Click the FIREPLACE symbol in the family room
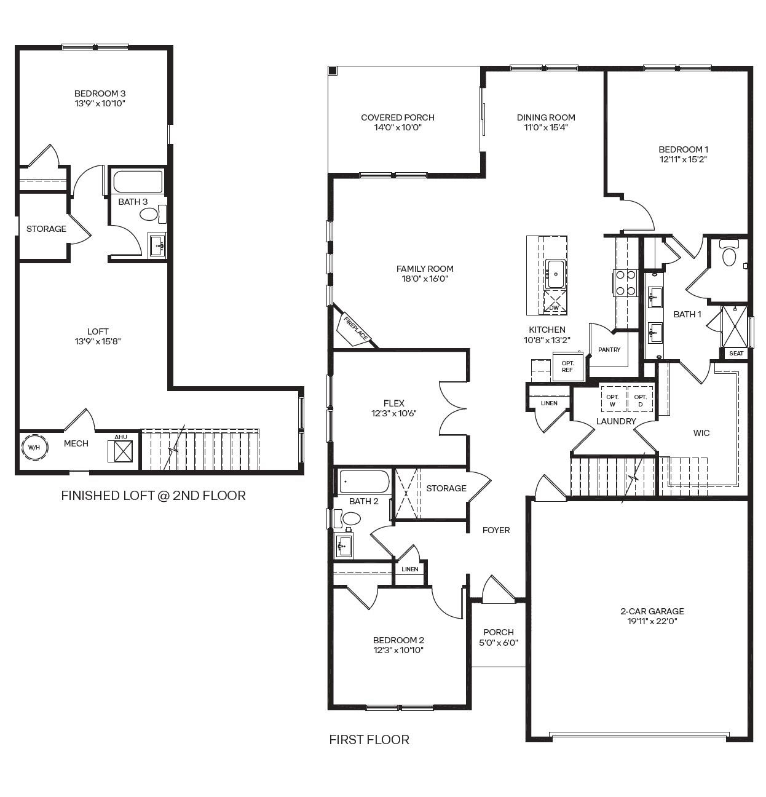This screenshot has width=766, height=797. [355, 328]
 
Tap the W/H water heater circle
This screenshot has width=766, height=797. [33, 447]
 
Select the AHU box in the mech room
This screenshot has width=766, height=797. [121, 450]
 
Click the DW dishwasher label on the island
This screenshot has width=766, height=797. [554, 307]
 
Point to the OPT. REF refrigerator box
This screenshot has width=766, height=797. [567, 367]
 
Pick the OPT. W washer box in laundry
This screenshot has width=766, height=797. [612, 400]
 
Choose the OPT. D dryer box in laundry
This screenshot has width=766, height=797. [640, 400]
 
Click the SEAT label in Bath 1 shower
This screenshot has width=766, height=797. [736, 353]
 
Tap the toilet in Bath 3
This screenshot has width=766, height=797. [151, 214]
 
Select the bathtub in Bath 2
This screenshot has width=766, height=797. [364, 482]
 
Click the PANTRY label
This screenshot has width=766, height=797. [609, 349]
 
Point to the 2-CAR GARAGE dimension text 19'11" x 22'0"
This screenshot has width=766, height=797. [652, 621]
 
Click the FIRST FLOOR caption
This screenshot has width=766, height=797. [369, 739]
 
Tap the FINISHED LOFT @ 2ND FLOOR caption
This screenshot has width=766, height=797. [153, 496]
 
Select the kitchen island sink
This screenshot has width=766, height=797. [556, 272]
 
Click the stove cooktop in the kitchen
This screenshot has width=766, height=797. [625, 283]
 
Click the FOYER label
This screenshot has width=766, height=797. [496, 530]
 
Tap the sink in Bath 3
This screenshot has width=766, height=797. [157, 245]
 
